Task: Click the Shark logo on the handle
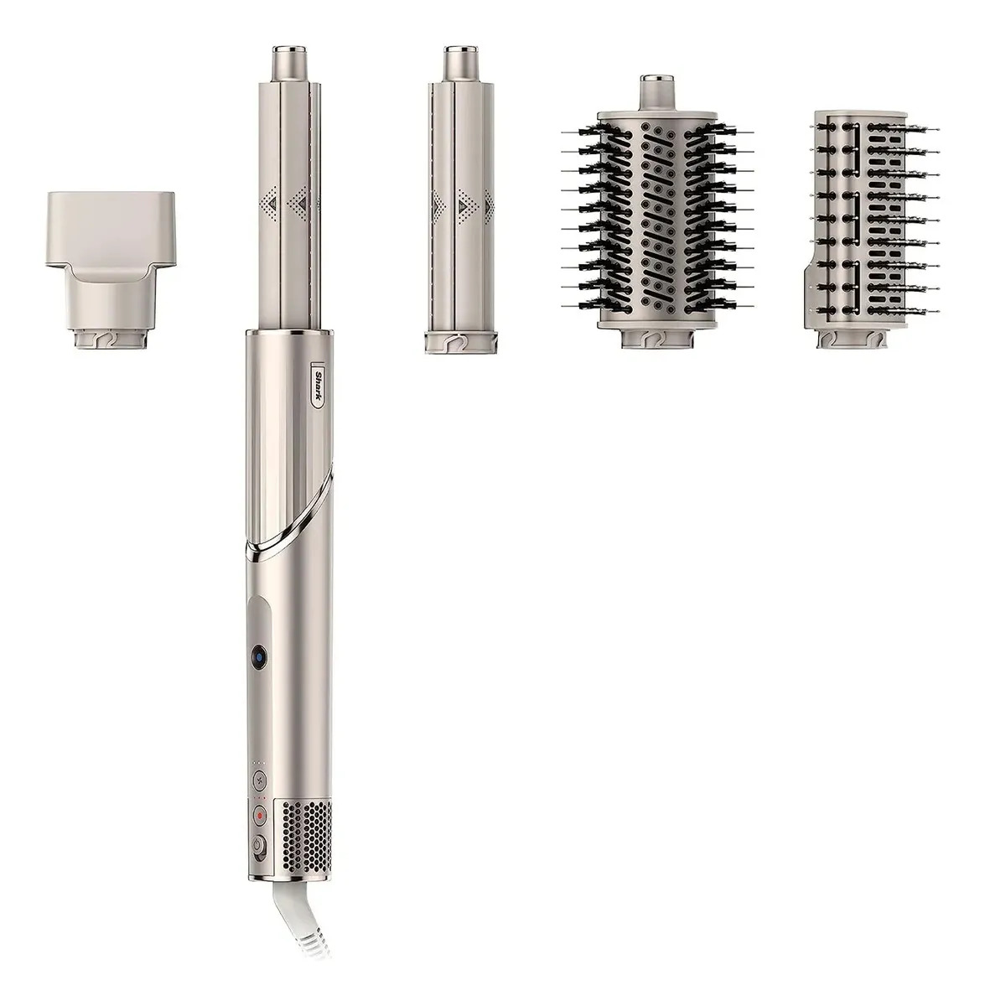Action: tap(317, 386)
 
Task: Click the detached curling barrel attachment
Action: tap(459, 200)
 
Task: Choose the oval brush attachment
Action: tap(657, 211)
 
